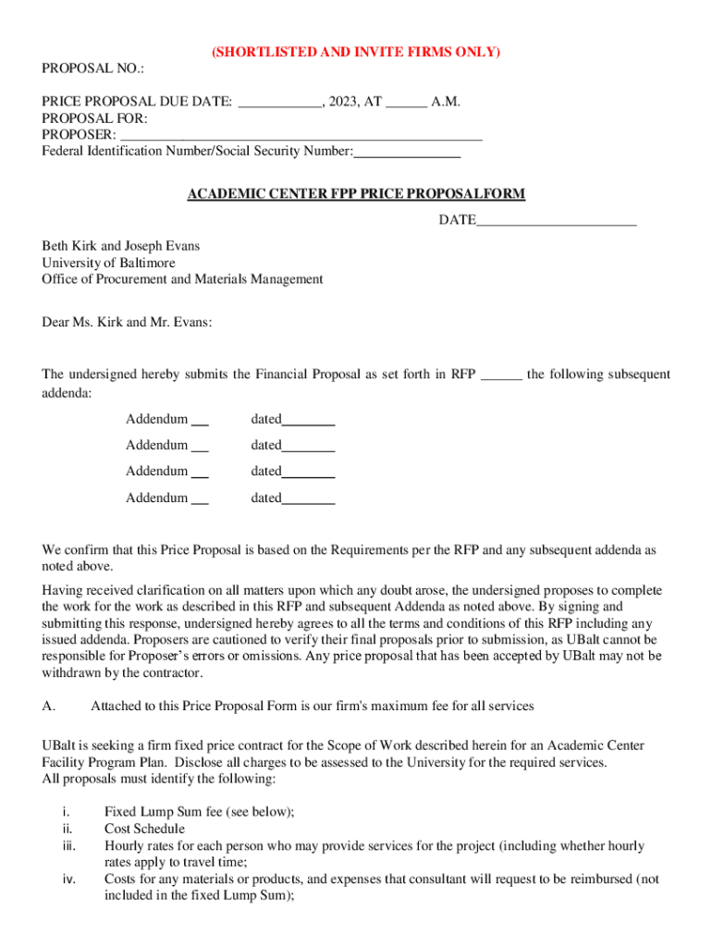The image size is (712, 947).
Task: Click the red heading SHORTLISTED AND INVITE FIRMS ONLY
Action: (356, 53)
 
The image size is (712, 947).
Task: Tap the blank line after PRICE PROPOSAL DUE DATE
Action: (279, 102)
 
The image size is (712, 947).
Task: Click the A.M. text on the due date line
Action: (446, 102)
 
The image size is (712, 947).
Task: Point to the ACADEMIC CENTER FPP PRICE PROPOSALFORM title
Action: (356, 194)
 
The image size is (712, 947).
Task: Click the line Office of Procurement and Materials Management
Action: (182, 279)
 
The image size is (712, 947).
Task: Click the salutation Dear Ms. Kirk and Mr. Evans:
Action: (127, 322)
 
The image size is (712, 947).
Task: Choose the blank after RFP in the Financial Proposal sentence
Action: (502, 375)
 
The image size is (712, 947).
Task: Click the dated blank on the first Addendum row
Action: (308, 421)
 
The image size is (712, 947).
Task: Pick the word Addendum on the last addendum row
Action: (156, 498)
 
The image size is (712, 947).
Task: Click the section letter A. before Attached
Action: (50, 707)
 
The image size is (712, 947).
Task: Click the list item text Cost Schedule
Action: (144, 829)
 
